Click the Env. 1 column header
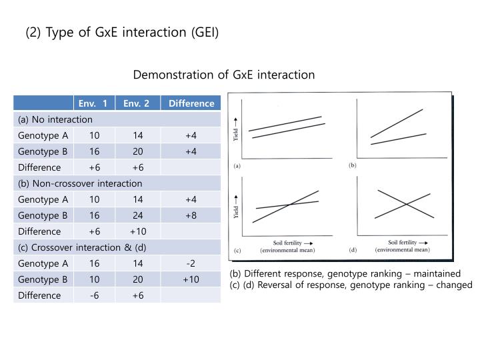point(93,103)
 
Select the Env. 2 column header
point(137,103)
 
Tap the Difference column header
point(191,103)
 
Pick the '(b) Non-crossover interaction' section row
point(80,183)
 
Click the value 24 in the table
point(137,215)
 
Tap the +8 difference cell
point(191,215)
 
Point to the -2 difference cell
point(191,263)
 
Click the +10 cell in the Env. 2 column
point(137,231)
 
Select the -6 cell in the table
point(94,295)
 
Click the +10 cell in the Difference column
point(191,279)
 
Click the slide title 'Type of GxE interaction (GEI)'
point(122,32)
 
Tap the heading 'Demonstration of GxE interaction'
point(224,75)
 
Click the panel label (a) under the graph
point(237,165)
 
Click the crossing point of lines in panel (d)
point(404,204)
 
